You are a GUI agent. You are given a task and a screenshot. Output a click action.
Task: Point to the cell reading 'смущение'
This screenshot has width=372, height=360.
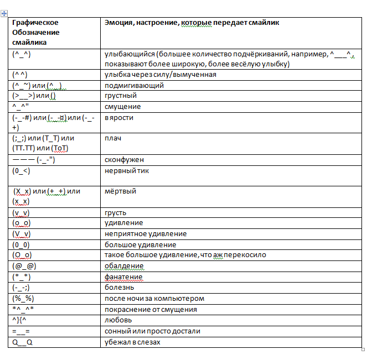pos(122,107)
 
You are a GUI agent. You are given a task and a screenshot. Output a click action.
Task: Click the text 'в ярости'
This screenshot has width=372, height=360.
pos(119,117)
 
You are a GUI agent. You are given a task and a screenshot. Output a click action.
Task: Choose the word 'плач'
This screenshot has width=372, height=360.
pos(112,138)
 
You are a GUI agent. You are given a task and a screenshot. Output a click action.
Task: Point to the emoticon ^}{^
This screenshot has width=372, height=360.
pos(20,320)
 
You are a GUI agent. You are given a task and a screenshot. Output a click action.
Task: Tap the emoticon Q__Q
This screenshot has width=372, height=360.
pos(23,342)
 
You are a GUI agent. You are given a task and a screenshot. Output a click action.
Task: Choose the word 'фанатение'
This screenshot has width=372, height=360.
pos(123,277)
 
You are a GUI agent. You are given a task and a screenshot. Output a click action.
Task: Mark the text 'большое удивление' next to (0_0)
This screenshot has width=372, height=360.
pos(140,244)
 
